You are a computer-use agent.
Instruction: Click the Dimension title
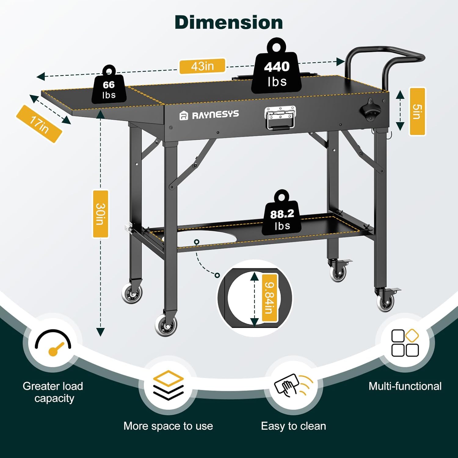pos(229,23)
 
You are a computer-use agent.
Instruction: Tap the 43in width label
pos(202,66)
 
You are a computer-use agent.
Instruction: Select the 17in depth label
pos(39,124)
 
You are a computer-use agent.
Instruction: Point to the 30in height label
pos(100,214)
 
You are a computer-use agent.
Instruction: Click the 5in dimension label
pos(417,111)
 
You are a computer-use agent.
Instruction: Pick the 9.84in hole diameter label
pos(269,298)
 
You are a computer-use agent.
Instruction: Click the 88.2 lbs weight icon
pos(282,216)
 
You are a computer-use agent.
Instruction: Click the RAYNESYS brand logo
pos(209,115)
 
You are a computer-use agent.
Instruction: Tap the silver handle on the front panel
pos(280,118)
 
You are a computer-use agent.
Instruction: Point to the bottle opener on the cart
pos(371,110)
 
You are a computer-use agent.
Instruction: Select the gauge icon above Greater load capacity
pos(53,343)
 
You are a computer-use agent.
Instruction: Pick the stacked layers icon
pos(168,385)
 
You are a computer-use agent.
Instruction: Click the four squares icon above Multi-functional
pos(405,343)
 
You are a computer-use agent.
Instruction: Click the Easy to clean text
pos(293,426)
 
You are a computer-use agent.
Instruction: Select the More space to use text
pos(168,426)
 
